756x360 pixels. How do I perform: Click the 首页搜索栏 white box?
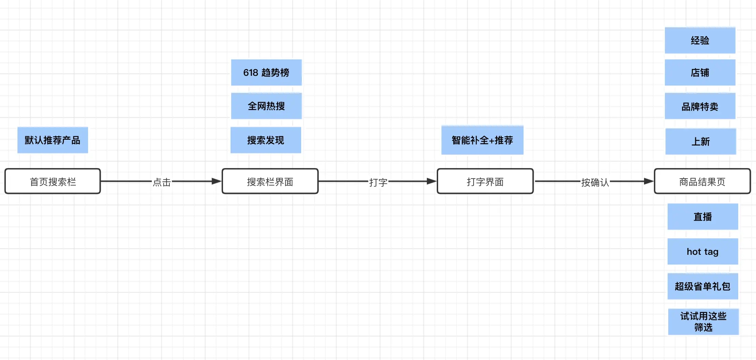click(53, 181)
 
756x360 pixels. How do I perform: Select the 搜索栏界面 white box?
click(270, 181)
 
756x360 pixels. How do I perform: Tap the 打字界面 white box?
click(485, 181)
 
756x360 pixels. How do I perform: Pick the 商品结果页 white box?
click(702, 181)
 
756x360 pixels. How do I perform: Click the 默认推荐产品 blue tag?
click(53, 140)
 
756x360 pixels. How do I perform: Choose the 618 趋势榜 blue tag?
click(266, 72)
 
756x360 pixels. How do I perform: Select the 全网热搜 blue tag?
click(266, 106)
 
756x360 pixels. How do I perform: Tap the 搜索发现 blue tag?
click(266, 140)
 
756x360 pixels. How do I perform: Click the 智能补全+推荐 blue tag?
click(482, 140)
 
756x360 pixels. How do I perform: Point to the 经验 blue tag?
click(700, 40)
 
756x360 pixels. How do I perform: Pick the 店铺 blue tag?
click(700, 72)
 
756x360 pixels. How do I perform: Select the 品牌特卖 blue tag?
click(700, 107)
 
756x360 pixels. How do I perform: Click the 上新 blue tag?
click(701, 141)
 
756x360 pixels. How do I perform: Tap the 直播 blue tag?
click(703, 217)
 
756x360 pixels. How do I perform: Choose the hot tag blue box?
click(703, 252)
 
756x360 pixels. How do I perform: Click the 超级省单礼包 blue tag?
click(703, 286)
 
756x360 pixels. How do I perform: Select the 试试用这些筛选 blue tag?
click(703, 322)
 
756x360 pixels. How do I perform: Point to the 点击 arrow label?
click(162, 182)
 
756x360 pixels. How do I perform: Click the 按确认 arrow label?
click(595, 182)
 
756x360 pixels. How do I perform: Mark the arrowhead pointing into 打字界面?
click(432, 181)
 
